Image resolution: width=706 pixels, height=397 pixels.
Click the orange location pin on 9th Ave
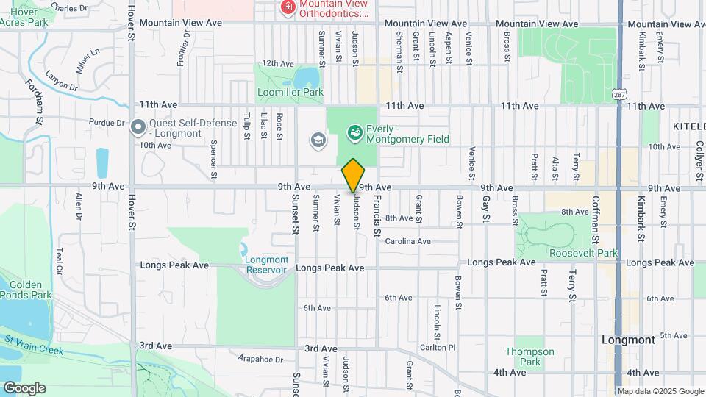point(353,175)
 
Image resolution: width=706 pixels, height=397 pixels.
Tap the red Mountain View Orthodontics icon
point(288,8)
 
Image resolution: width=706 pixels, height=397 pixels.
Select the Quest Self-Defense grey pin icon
point(138,128)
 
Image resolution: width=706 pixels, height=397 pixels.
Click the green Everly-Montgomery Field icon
point(355,132)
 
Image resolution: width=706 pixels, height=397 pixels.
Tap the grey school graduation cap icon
point(318,140)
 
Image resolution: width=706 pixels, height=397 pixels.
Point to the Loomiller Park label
point(290,93)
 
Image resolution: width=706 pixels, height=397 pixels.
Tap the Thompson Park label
point(529,357)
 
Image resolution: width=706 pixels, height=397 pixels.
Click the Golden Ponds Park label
point(26,290)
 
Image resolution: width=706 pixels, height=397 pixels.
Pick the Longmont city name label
point(627,340)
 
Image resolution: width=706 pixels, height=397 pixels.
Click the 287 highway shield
point(620,93)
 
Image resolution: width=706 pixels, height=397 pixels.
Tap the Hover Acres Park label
point(22,17)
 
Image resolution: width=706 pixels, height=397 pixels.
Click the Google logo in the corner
point(24,387)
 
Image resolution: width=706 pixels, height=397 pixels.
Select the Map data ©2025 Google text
point(659,391)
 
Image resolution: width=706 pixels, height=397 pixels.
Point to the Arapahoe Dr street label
point(261,360)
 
